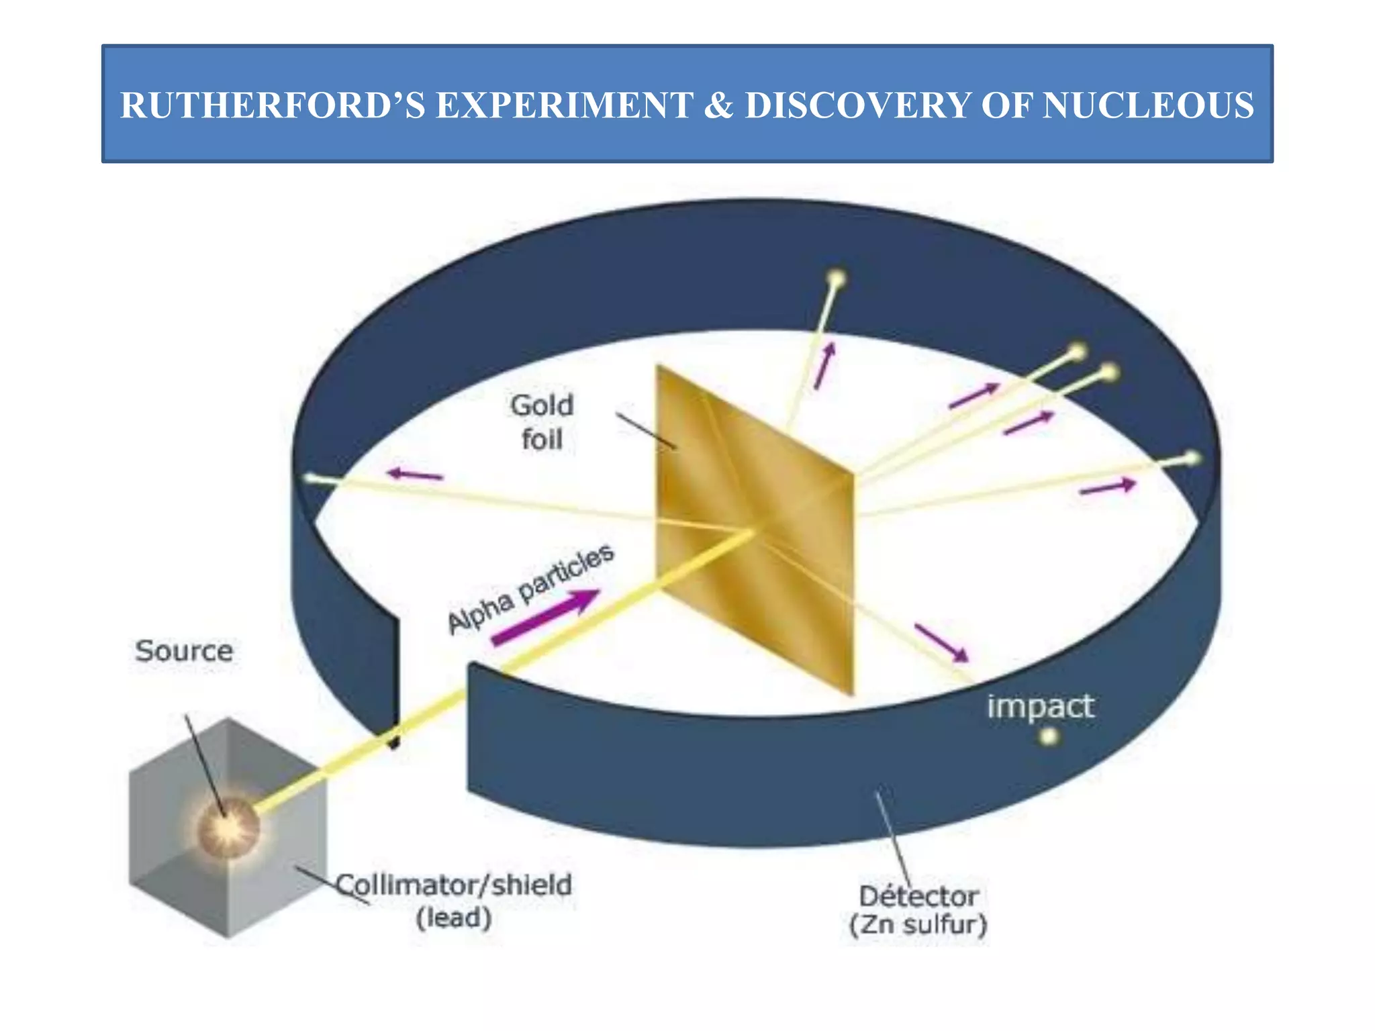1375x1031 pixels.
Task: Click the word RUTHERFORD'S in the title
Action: [x=272, y=105]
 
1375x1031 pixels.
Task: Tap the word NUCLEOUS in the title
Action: [x=1147, y=105]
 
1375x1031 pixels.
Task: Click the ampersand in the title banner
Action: [x=718, y=105]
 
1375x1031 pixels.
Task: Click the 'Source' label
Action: [x=184, y=651]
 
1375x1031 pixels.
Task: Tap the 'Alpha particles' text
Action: [x=530, y=589]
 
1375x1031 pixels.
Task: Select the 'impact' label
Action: [x=1040, y=706]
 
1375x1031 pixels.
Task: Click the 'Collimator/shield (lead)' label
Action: [x=455, y=900]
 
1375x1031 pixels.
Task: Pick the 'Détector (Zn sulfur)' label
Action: [x=918, y=910]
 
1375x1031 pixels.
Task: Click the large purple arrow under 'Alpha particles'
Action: [x=545, y=617]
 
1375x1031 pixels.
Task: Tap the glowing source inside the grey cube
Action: [x=229, y=827]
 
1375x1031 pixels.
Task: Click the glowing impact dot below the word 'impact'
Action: [x=1048, y=737]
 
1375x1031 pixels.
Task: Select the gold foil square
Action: [x=754, y=530]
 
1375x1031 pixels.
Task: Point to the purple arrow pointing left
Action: [x=416, y=475]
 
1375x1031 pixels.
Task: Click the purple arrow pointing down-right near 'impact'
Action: [x=942, y=643]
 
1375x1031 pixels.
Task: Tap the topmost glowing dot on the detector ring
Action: [x=837, y=278]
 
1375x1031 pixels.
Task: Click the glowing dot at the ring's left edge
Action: [x=311, y=478]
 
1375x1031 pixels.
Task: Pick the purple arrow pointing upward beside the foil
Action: [x=824, y=365]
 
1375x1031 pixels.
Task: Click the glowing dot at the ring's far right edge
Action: [x=1192, y=458]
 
